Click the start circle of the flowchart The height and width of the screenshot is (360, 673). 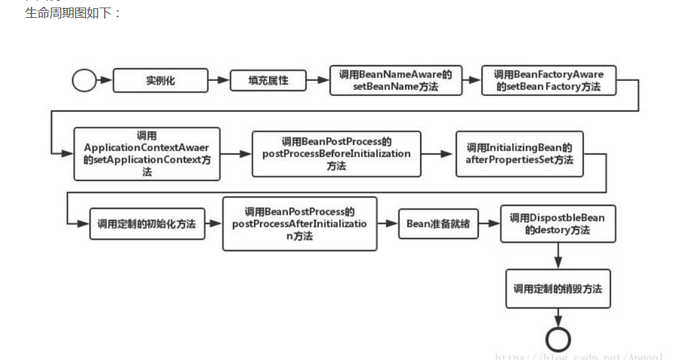click(x=84, y=80)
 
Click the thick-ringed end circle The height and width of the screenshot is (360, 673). click(x=558, y=339)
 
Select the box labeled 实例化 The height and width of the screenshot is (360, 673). click(x=160, y=80)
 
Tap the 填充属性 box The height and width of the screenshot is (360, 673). click(x=268, y=80)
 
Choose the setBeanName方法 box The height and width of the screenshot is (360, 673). click(x=395, y=81)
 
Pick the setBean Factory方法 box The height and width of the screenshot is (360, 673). click(x=548, y=81)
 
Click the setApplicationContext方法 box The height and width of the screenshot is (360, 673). click(x=147, y=154)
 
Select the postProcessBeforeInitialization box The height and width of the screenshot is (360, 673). click(x=336, y=154)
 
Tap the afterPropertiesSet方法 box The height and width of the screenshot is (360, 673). click(x=519, y=154)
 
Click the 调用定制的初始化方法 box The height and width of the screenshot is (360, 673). click(x=147, y=224)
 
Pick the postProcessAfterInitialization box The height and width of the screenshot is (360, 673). click(x=299, y=224)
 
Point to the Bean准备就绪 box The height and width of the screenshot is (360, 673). click(x=439, y=224)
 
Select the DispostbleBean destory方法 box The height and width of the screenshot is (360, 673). click(x=557, y=224)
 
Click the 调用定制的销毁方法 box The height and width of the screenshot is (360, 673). click(x=558, y=289)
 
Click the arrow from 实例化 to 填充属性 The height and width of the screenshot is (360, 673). click(x=219, y=80)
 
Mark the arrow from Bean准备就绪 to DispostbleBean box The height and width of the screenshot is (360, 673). click(x=489, y=224)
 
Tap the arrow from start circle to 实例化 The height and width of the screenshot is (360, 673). click(x=104, y=80)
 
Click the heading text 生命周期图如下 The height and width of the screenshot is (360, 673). click(x=73, y=13)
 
